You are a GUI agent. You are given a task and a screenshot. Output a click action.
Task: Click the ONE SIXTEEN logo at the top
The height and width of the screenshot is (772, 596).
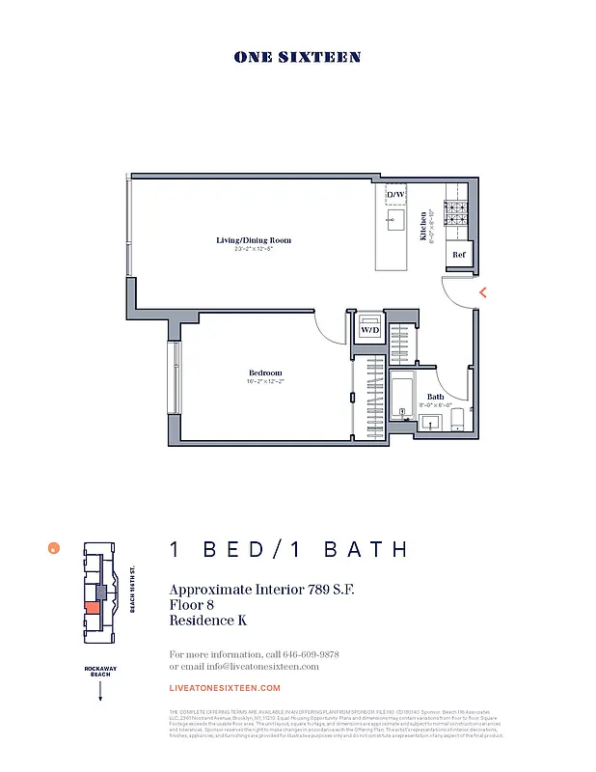coord(297,57)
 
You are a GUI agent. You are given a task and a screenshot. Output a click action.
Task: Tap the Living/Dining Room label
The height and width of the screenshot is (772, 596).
coord(253,240)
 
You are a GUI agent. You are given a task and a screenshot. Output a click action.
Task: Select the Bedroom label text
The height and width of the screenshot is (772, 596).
coord(266,372)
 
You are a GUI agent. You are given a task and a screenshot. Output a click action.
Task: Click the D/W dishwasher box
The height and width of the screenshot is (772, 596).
coord(396,195)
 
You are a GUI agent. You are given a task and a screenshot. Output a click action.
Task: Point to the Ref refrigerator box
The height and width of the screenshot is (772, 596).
coord(459,256)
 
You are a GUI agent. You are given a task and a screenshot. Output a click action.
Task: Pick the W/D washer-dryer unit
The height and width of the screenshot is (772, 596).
coord(370,329)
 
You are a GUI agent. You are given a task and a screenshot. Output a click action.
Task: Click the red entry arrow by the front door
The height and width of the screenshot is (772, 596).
coord(482,291)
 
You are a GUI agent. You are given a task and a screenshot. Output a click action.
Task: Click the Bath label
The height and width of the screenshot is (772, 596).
coord(435,397)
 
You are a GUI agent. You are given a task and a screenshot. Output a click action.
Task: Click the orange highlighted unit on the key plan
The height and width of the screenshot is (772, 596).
coord(92,607)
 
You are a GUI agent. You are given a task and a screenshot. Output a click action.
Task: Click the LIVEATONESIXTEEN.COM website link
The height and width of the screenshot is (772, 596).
coord(225,688)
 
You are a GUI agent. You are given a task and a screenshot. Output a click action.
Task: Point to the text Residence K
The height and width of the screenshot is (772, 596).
coord(207,620)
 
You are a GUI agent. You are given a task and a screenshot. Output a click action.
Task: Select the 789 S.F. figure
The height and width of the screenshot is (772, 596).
coord(320,590)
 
